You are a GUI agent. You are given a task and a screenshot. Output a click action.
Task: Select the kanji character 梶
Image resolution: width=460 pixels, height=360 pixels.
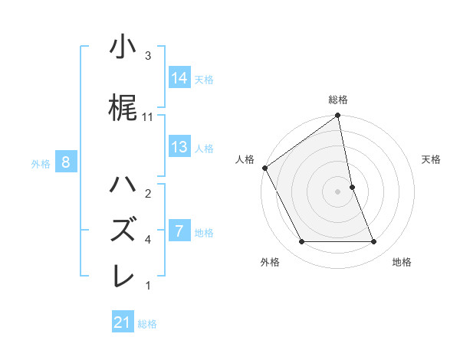point(122,106)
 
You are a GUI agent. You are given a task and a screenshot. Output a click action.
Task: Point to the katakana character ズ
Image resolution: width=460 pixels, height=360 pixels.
point(122,230)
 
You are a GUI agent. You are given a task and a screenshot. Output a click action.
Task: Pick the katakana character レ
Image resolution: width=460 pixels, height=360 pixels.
point(122,275)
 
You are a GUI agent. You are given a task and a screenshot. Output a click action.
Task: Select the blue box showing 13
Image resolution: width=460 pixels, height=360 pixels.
point(179,147)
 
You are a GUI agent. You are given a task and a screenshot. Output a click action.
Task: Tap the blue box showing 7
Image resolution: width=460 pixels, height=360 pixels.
point(179,231)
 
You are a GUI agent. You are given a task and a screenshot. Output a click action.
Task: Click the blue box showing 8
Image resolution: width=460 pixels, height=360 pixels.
point(66,162)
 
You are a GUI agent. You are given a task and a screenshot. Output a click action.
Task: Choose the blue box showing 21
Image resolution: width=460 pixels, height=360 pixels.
point(123,322)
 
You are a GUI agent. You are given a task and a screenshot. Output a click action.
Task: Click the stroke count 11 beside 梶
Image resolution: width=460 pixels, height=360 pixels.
point(149,116)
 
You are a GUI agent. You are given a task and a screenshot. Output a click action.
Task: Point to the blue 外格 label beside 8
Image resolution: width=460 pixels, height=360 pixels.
point(41,162)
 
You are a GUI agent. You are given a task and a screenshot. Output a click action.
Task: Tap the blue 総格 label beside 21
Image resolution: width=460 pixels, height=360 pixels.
point(147,324)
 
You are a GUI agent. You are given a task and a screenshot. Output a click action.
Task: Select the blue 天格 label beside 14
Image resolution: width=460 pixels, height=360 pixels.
point(204,79)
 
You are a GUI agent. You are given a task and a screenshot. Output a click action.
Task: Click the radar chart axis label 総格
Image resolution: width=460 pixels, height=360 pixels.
point(338,100)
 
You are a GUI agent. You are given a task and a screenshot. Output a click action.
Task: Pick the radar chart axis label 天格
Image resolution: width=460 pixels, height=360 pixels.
point(432,159)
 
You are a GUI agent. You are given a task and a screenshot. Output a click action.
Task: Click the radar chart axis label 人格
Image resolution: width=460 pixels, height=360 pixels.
point(245,159)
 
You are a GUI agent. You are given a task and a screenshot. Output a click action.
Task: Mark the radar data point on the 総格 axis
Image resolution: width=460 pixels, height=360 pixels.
point(338,116)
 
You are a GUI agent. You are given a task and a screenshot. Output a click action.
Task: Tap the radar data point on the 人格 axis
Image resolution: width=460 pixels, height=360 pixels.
point(264,168)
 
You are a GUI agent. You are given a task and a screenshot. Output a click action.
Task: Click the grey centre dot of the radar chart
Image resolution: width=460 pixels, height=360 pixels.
point(338,191)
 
